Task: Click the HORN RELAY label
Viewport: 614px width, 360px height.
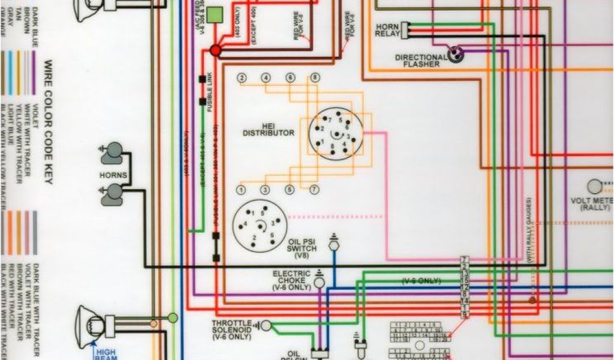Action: [x=387, y=31]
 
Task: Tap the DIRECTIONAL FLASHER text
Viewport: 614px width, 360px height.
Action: [x=421, y=61]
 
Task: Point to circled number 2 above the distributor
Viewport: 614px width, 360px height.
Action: [x=242, y=78]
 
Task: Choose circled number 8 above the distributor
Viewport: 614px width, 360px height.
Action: [x=314, y=78]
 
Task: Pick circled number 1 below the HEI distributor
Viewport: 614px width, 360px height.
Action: [x=240, y=190]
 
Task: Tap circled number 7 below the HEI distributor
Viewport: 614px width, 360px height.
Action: [x=314, y=190]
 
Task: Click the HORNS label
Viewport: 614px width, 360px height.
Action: [x=113, y=175]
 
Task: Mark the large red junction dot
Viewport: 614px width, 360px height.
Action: [x=215, y=52]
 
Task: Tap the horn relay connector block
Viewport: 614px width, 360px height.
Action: [x=407, y=29]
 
